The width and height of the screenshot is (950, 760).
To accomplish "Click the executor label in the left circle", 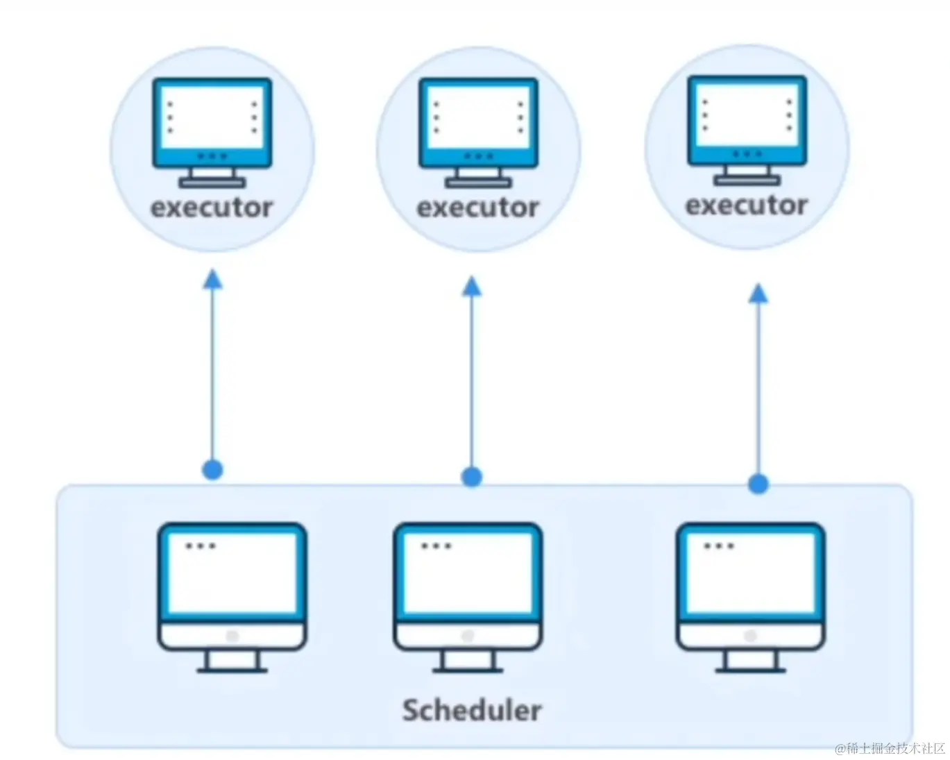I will (212, 208).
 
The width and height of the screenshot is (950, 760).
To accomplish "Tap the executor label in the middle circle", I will (477, 208).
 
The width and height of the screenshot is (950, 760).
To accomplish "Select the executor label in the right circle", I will (747, 205).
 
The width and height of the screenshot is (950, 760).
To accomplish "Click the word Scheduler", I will (472, 710).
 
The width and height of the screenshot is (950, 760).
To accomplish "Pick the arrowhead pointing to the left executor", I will (212, 280).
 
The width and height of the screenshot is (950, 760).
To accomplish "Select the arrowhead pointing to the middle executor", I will (472, 287).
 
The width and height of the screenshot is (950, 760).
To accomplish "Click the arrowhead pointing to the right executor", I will (758, 294).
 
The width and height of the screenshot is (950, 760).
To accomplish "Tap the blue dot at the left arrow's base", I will (212, 470).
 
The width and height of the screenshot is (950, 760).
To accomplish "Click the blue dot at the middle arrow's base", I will (472, 477).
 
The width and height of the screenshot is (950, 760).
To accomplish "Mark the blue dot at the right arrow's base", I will (758, 484).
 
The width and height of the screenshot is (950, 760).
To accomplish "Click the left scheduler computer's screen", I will (232, 573).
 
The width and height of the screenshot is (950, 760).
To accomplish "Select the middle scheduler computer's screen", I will (468, 573).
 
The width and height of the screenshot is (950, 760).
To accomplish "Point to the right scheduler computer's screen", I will (751, 573).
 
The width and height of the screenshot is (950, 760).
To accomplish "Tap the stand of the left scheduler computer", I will (232, 661).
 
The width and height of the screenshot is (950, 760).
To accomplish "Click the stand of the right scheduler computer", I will (751, 661).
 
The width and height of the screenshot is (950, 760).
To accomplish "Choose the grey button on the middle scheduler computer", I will (468, 636).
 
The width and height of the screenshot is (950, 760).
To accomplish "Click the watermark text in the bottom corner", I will (890, 748).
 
